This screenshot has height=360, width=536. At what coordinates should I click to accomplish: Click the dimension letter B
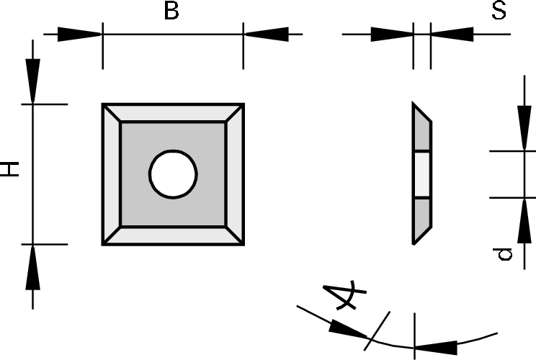(x=171, y=12)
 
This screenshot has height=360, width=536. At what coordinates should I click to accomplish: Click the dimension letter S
(x=499, y=12)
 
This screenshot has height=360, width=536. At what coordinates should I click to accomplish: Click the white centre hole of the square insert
(x=173, y=174)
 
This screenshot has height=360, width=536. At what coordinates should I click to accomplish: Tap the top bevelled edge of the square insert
(x=173, y=113)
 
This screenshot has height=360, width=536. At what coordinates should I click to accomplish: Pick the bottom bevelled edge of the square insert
(x=173, y=236)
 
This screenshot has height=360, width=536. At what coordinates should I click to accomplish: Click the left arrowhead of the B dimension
(x=79, y=34)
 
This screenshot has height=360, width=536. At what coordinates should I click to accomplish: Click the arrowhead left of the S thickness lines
(x=393, y=34)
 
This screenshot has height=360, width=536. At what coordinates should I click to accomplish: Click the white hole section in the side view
(x=422, y=174)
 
